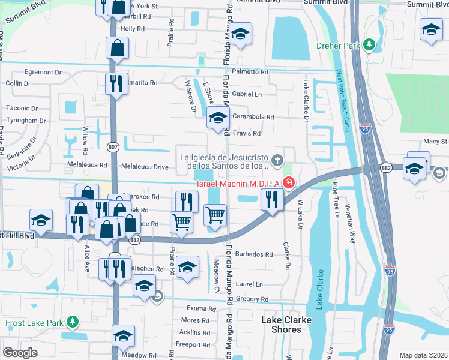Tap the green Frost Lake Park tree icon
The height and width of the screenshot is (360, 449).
pyautogui.click(x=73, y=323)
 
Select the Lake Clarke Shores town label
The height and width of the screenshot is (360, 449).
pyautogui.click(x=286, y=325)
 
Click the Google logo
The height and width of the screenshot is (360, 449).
pyautogui.click(x=20, y=353)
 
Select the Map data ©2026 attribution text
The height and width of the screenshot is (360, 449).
pyautogui.click(x=423, y=355)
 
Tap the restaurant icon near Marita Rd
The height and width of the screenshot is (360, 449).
pyautogui.click(x=116, y=83)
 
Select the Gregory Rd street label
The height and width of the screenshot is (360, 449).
pyautogui.click(x=252, y=299)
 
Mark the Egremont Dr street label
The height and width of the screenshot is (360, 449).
pyautogui.click(x=43, y=72)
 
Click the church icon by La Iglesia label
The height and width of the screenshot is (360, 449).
pyautogui.click(x=277, y=160)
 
